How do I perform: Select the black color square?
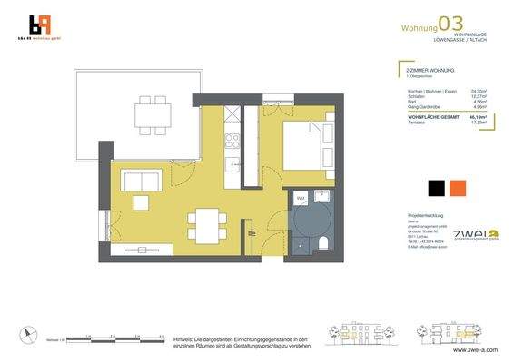(437, 189)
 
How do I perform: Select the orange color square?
(458, 189)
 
